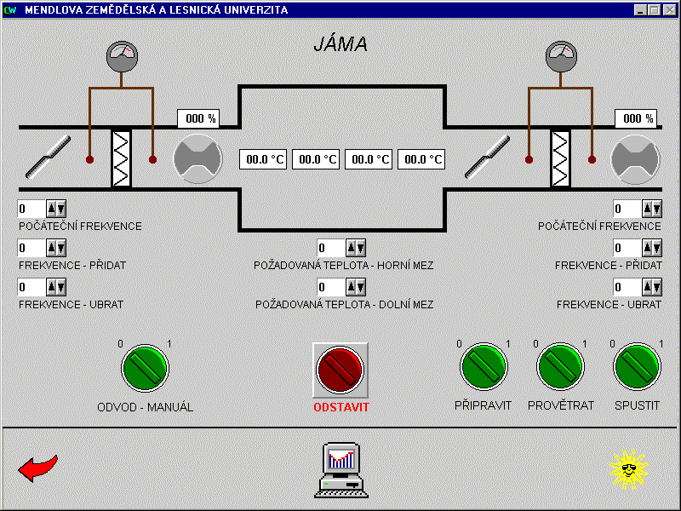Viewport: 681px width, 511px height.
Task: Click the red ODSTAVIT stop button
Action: pos(340,369)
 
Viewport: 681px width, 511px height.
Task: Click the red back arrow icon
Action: pos(38,468)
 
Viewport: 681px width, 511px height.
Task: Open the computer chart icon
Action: pos(341,469)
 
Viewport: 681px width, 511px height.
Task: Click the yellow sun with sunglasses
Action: pos(629,468)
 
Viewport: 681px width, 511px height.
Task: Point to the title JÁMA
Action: pos(340,45)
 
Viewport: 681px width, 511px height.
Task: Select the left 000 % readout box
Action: pos(197,119)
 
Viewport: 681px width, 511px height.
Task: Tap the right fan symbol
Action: pos(635,158)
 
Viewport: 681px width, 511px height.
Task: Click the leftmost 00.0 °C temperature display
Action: pos(263,158)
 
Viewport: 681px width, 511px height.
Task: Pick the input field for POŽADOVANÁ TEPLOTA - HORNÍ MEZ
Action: pos(330,248)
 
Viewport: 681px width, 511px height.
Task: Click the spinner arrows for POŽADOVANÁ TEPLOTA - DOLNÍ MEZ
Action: pos(356,287)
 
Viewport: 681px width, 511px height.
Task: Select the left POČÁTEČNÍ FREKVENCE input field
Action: pos(31,209)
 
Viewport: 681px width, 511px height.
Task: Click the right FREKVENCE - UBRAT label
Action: pos(609,304)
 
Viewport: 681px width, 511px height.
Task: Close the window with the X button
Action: pos(669,10)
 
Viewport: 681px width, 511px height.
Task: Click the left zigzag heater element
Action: pos(122,158)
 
